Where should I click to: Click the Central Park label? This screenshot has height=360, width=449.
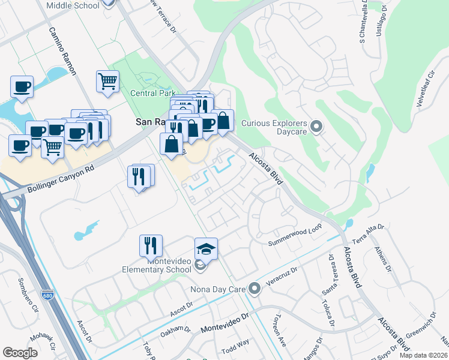pyautogui.click(x=152, y=93)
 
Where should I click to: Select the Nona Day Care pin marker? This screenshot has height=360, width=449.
pyautogui.click(x=255, y=289)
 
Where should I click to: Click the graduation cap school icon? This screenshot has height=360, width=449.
pyautogui.click(x=206, y=248)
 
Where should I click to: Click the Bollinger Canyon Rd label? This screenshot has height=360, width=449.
pyautogui.click(x=58, y=178)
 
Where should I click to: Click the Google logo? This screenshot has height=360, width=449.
pyautogui.click(x=20, y=353)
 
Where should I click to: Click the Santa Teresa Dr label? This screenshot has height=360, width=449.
pyautogui.click(x=330, y=262)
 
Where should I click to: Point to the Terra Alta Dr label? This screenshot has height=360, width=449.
pyautogui.click(x=369, y=233)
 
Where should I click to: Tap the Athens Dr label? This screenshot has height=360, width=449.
pyautogui.click(x=382, y=259)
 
